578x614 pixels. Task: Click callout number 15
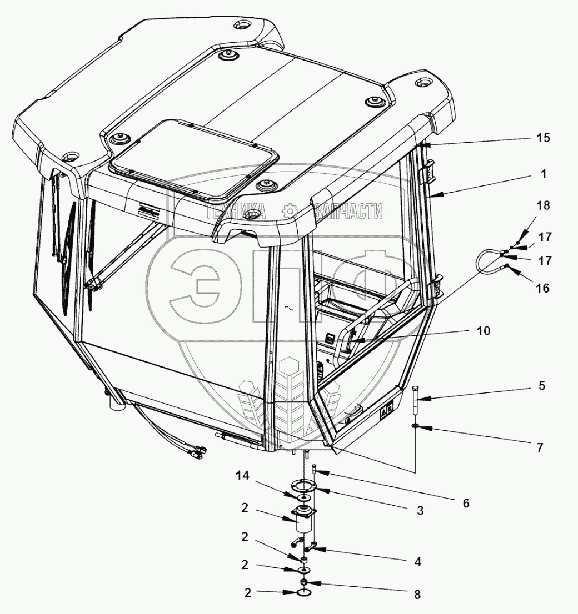543,138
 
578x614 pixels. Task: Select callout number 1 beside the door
543,174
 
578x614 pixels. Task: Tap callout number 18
543,206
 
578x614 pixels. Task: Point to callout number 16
543,288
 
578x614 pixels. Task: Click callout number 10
483,331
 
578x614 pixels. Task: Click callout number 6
466,503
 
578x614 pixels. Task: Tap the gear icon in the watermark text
290,211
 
